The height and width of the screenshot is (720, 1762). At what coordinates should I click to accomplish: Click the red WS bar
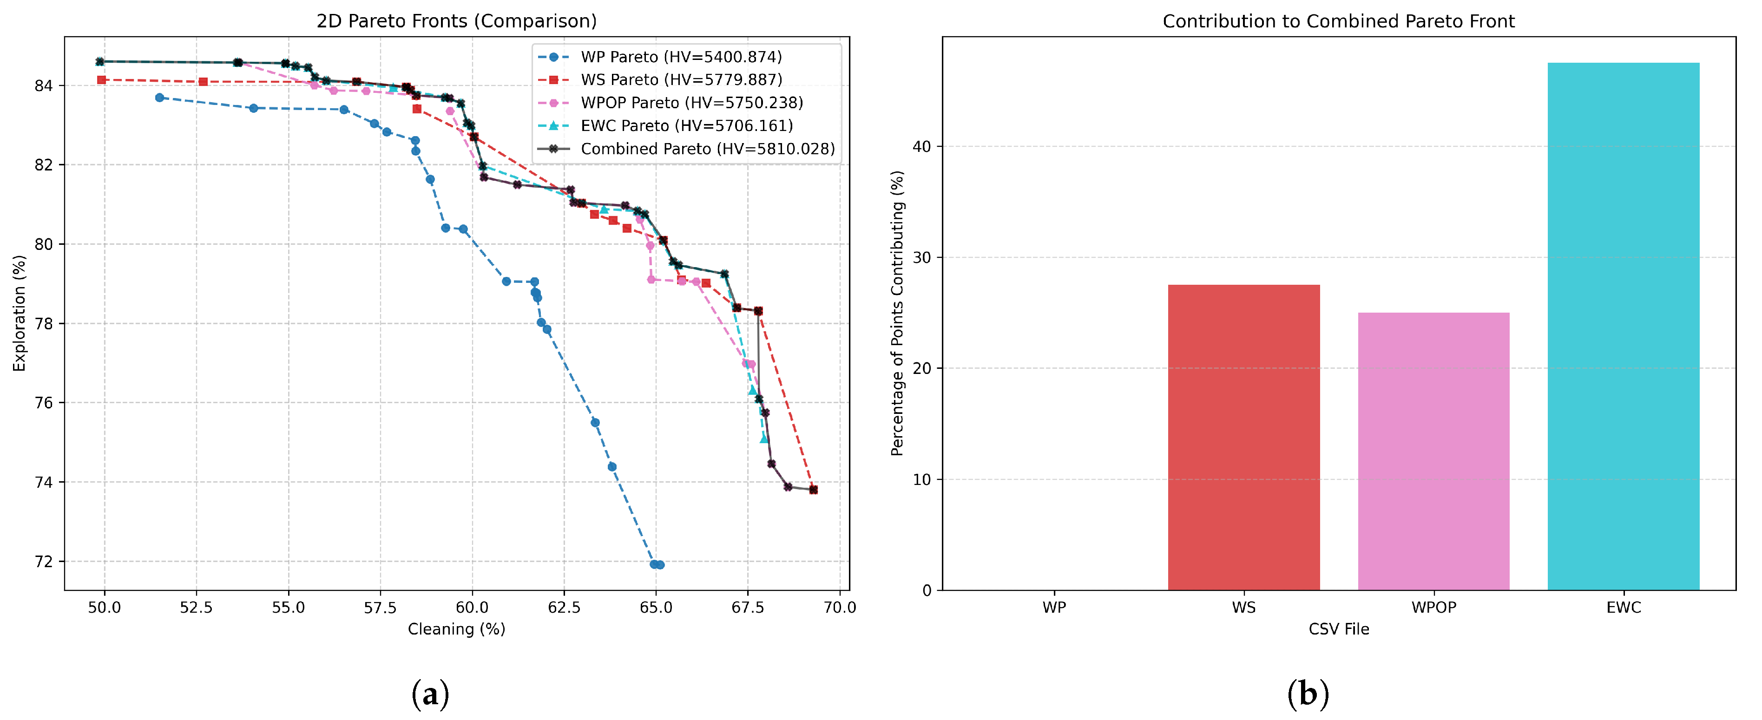click(x=1243, y=438)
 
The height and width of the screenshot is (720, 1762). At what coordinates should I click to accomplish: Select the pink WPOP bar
click(x=1433, y=452)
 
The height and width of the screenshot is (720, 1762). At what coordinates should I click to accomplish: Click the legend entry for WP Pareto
click(x=681, y=57)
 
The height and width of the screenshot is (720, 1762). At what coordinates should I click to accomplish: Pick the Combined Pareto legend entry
click(x=707, y=149)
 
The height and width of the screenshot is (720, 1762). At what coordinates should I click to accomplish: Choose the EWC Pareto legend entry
click(x=686, y=126)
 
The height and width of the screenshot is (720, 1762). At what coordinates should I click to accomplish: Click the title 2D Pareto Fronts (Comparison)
click(x=456, y=21)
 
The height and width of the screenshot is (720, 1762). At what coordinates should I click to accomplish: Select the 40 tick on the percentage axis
click(x=921, y=146)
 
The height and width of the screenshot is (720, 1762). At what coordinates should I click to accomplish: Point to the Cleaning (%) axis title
click(x=456, y=629)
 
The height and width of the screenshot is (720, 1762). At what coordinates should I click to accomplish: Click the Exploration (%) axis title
click(x=19, y=313)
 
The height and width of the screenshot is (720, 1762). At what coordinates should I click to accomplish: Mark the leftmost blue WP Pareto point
click(x=159, y=98)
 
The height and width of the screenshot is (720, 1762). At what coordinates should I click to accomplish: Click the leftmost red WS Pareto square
click(x=101, y=80)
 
